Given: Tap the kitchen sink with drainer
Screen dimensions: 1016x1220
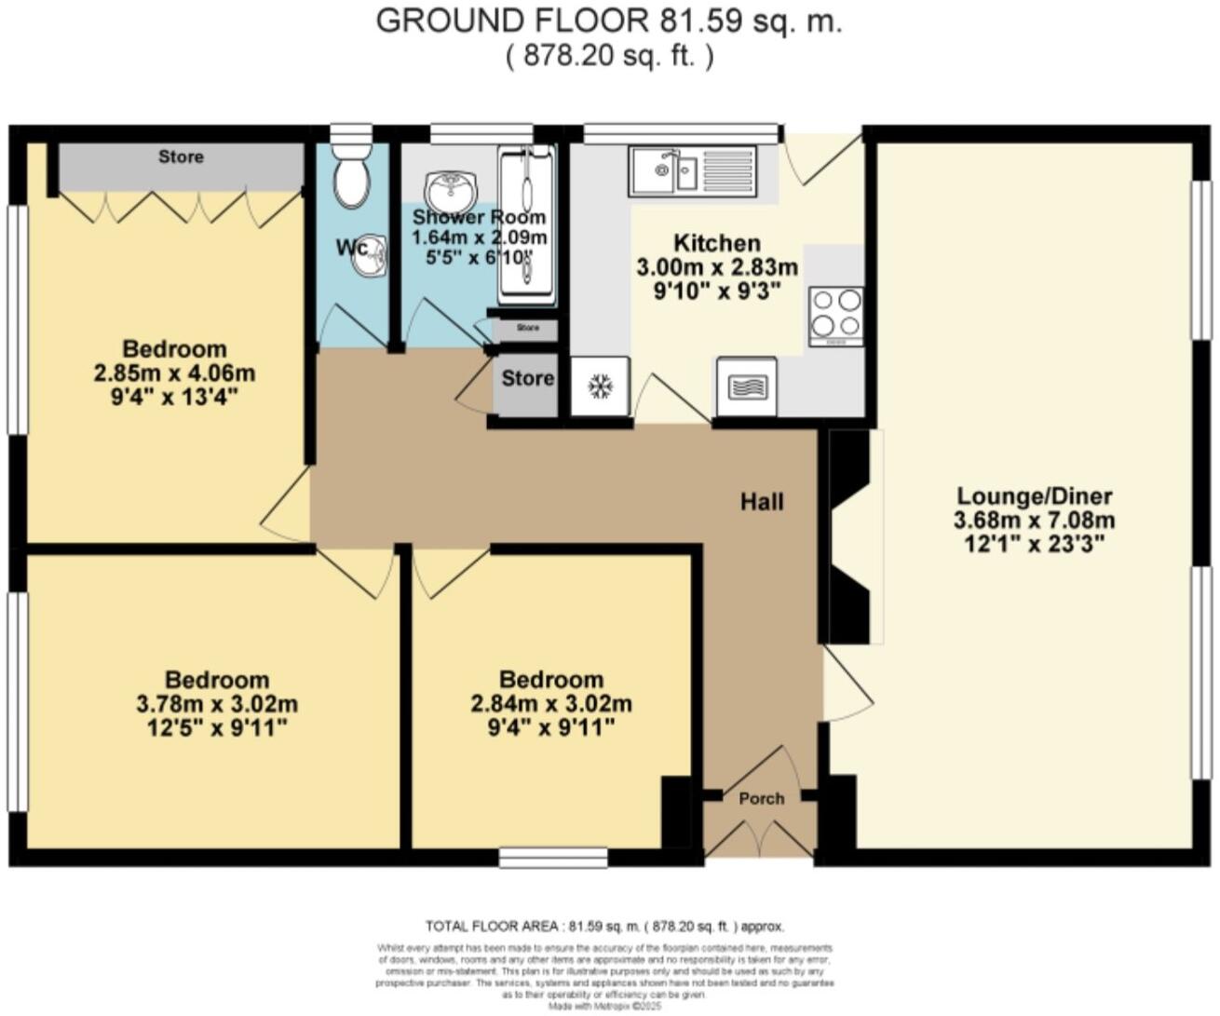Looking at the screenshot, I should (x=692, y=170).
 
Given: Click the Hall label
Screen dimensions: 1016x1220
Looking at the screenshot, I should (x=762, y=502).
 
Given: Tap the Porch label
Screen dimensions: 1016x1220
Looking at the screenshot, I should (x=761, y=798).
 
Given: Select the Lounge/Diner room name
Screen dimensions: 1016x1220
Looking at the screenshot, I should (x=1034, y=496).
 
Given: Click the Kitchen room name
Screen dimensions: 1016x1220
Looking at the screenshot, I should (x=716, y=244).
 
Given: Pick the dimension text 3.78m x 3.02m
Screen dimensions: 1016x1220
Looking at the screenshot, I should (x=217, y=703).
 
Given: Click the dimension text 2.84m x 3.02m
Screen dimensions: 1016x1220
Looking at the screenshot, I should (x=551, y=703).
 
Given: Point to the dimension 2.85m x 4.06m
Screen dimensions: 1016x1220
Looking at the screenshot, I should (x=174, y=373).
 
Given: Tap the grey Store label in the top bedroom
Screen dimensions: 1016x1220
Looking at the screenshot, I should (x=181, y=156).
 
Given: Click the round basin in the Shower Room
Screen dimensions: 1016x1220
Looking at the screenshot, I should (x=451, y=191).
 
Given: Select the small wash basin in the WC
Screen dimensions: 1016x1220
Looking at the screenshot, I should (x=372, y=258).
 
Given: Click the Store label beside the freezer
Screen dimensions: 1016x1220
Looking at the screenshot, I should (x=527, y=378).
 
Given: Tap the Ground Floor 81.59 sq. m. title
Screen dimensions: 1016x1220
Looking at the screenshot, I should (x=609, y=21).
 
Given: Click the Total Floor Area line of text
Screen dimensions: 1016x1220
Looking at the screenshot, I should (x=604, y=926).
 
